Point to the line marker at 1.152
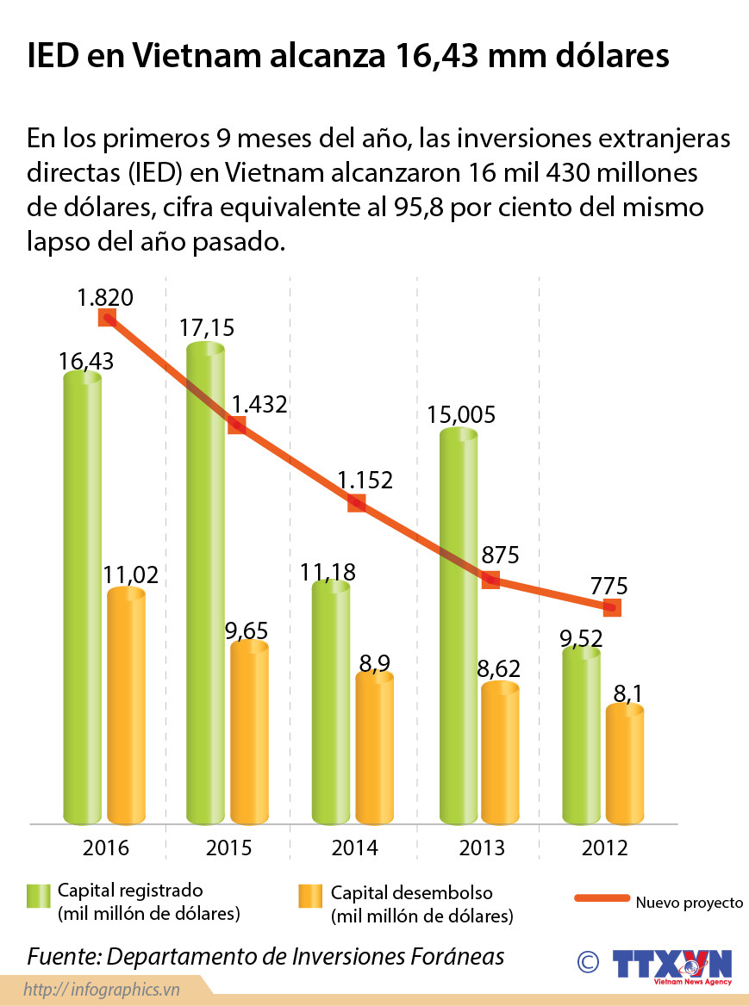[357, 503]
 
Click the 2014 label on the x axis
[355, 848]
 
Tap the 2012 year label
[605, 848]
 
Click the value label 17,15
[207, 328]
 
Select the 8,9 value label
[375, 662]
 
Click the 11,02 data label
[132, 575]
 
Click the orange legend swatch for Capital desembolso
[309, 904]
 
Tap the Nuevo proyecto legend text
[690, 903]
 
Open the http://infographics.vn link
[102, 988]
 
